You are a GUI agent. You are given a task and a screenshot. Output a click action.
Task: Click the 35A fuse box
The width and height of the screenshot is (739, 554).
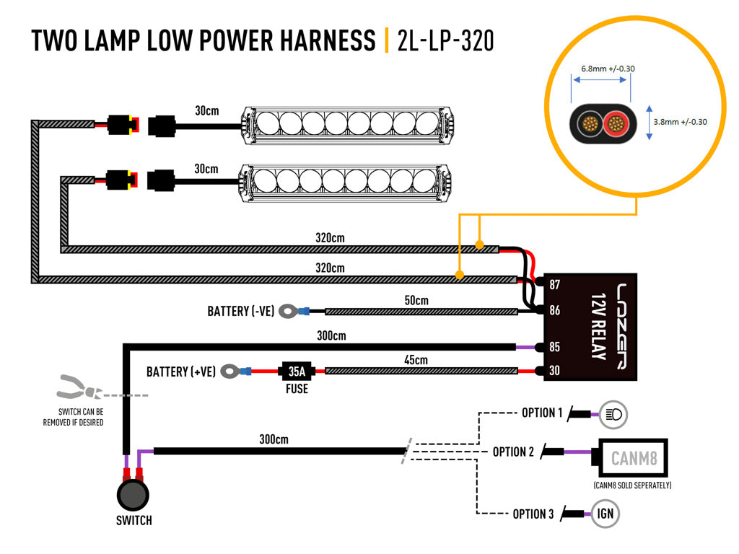coord(297,371)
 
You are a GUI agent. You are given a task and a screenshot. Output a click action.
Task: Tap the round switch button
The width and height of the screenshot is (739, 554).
coord(133,495)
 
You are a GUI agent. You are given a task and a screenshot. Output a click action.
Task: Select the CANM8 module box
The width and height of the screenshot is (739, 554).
coord(633,458)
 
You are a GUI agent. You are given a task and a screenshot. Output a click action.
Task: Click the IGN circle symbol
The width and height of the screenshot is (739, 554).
coord(605,514)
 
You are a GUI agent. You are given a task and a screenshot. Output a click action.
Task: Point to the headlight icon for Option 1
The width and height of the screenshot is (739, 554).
coord(613,415)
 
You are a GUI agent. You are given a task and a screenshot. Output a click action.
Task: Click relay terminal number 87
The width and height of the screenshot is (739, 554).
coord(555,284)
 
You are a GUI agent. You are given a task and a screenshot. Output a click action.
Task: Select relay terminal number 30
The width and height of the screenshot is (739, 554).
coord(555,371)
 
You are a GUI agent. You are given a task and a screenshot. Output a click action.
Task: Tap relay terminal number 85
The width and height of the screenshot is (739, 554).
coord(555,347)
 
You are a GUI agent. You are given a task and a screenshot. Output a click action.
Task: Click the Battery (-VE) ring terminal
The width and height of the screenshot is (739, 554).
coord(289,311)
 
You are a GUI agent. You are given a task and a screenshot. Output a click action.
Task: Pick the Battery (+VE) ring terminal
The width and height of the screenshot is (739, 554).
coord(230,371)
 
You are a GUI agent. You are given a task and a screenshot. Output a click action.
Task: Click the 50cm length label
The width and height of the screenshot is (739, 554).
coord(416,301)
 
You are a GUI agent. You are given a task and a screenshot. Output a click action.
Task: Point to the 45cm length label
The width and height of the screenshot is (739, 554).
coord(416,361)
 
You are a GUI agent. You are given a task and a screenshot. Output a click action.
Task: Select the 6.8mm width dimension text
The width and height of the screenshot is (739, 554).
coord(608,69)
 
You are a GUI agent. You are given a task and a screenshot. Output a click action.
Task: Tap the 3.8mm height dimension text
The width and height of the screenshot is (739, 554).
coord(680,122)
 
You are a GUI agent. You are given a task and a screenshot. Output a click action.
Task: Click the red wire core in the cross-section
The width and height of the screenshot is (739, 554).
coord(616,124)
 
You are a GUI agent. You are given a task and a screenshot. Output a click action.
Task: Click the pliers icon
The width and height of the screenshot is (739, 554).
coord(79,387)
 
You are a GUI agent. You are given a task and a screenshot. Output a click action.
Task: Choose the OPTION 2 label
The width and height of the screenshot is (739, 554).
coord(513,452)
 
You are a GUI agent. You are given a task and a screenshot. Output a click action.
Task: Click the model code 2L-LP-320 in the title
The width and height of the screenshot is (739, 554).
coord(445,40)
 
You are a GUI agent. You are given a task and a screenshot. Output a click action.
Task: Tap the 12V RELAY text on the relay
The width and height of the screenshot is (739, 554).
coord(598,326)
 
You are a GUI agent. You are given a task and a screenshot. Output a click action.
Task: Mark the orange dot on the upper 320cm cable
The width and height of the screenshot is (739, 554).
coord(479,245)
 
